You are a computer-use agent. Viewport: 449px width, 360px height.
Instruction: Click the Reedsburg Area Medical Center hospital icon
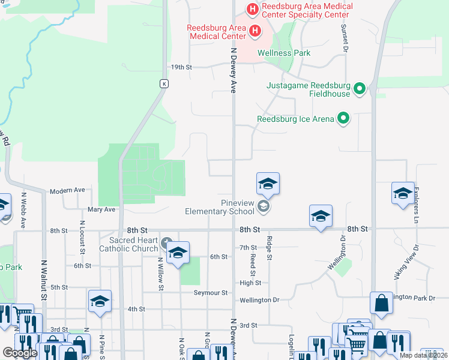click(255, 30)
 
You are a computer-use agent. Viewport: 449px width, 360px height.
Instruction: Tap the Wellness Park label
click(284, 53)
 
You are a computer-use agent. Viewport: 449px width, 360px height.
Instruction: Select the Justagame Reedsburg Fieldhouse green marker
click(360, 89)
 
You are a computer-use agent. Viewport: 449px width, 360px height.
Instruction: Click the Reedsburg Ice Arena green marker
click(343, 118)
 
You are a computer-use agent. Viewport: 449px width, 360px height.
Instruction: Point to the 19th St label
click(181, 67)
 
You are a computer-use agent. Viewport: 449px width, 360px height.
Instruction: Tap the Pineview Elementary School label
click(219, 207)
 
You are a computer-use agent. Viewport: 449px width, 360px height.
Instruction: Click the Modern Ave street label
click(67, 190)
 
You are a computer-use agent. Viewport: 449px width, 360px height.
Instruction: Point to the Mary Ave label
click(101, 209)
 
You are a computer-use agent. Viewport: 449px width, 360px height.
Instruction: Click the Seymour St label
click(211, 293)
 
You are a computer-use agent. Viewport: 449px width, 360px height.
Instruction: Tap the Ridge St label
click(269, 247)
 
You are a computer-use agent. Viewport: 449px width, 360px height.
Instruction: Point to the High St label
click(250, 283)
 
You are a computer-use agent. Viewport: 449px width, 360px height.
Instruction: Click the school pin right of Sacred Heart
click(178, 254)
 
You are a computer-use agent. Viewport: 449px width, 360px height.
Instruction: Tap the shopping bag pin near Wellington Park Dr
click(381, 305)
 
